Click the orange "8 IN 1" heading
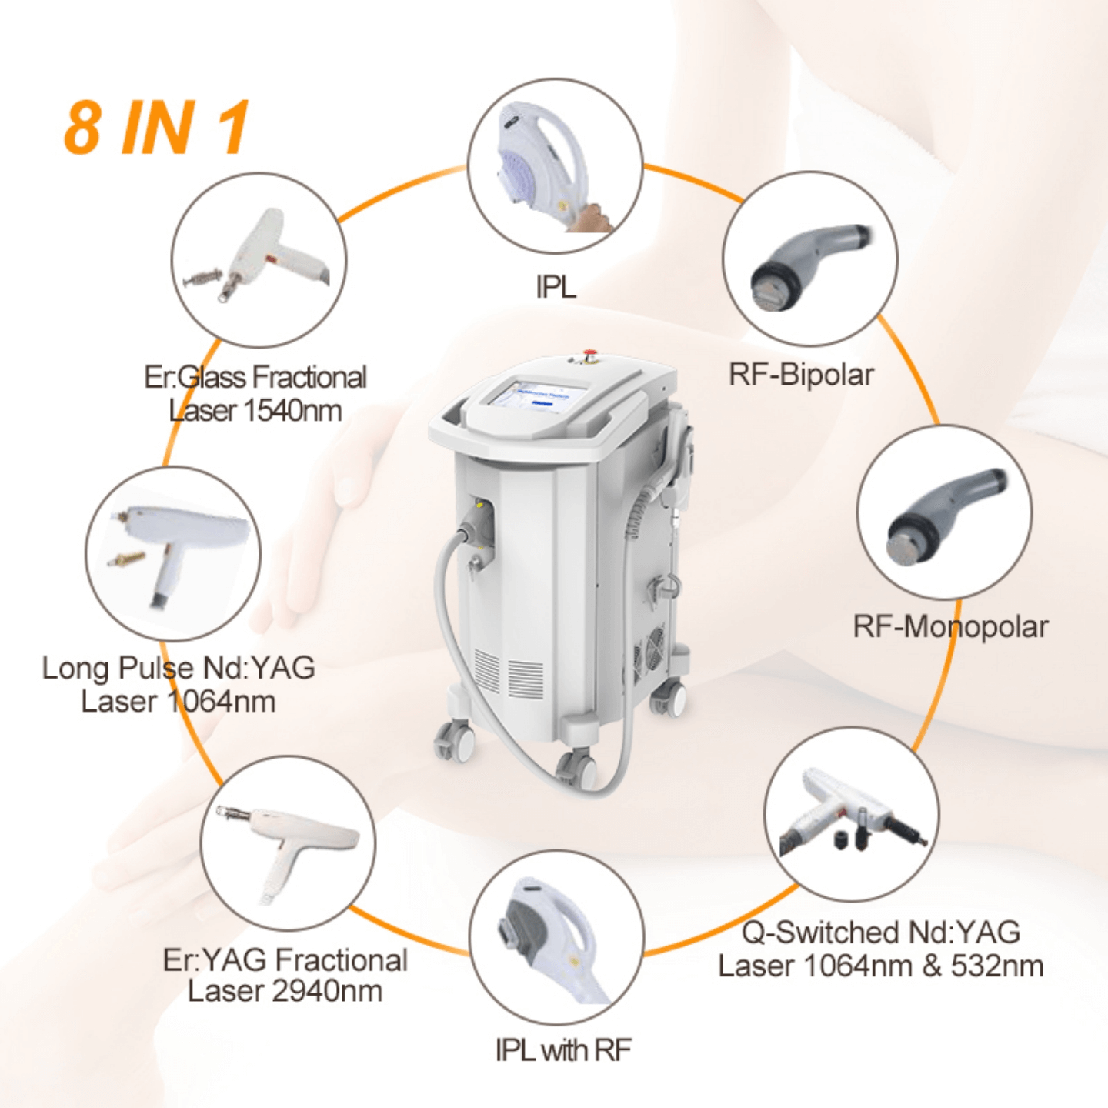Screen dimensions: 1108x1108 (156, 127)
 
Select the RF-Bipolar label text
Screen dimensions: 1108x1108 (801, 374)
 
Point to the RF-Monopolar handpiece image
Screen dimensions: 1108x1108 (946, 516)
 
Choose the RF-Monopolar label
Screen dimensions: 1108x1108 (950, 626)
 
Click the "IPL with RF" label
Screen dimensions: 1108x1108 (563, 1050)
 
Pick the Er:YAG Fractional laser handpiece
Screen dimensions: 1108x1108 (288, 845)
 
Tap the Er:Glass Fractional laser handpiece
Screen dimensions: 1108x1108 (259, 256)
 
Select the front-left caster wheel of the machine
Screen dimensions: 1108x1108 (456, 742)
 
